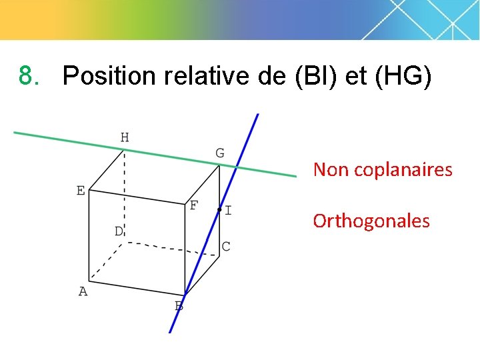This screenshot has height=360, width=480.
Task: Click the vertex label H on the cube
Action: [x=125, y=138]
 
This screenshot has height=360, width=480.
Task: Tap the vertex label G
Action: [x=219, y=153]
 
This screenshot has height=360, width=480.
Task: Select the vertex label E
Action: [x=81, y=191]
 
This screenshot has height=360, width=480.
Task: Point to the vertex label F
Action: [x=193, y=205]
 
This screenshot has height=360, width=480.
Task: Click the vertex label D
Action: [x=118, y=231]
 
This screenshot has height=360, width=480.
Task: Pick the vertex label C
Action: [x=226, y=247]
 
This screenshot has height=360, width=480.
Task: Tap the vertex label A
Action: [x=83, y=291]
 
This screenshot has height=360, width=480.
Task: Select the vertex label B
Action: [x=179, y=307]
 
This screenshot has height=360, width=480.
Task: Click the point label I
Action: [x=229, y=211]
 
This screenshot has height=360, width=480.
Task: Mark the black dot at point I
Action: [x=219, y=210]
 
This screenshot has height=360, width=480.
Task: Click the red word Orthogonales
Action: [x=371, y=221]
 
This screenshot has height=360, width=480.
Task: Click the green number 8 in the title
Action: [x=26, y=76]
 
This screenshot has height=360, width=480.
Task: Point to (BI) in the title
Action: [x=317, y=77]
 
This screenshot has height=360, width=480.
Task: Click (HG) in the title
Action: [x=403, y=77]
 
